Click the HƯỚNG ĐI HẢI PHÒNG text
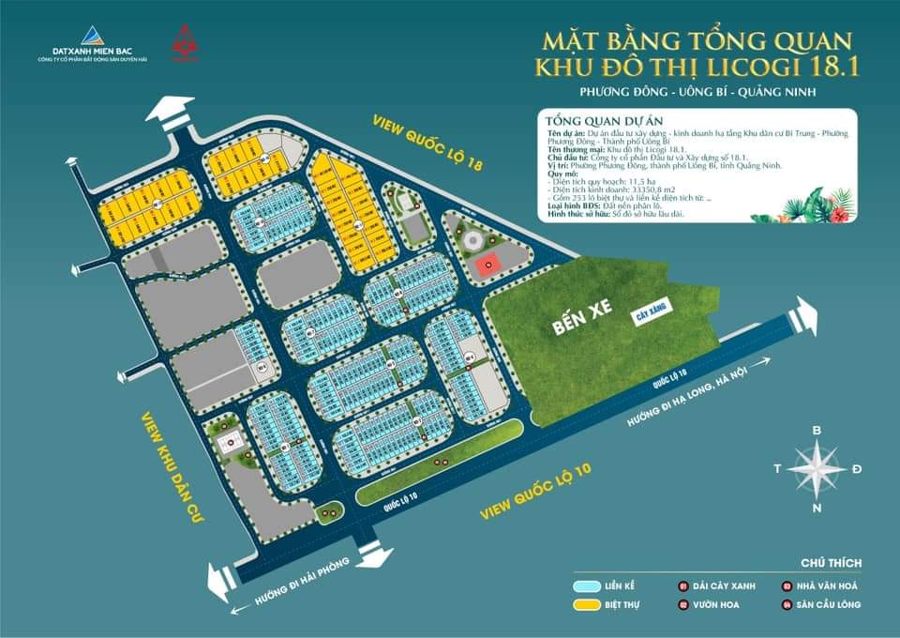point(292,582)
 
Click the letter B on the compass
point(816,430)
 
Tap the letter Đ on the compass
point(857,468)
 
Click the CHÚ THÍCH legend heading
point(831,563)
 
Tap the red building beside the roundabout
point(485,265)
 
